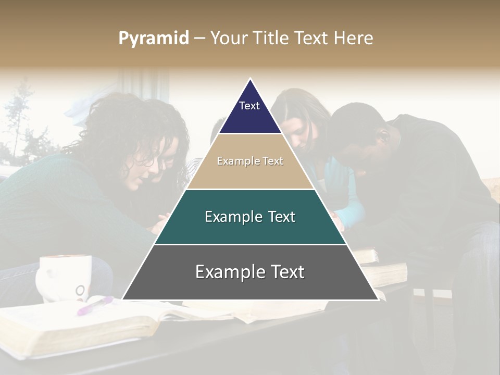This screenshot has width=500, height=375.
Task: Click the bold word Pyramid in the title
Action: (153, 39)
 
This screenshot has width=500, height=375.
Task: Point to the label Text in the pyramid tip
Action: (249, 106)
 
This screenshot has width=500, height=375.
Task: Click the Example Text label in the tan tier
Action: (250, 161)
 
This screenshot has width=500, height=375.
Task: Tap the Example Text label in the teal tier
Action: (250, 217)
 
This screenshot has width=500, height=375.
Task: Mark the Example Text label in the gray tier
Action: (250, 272)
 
